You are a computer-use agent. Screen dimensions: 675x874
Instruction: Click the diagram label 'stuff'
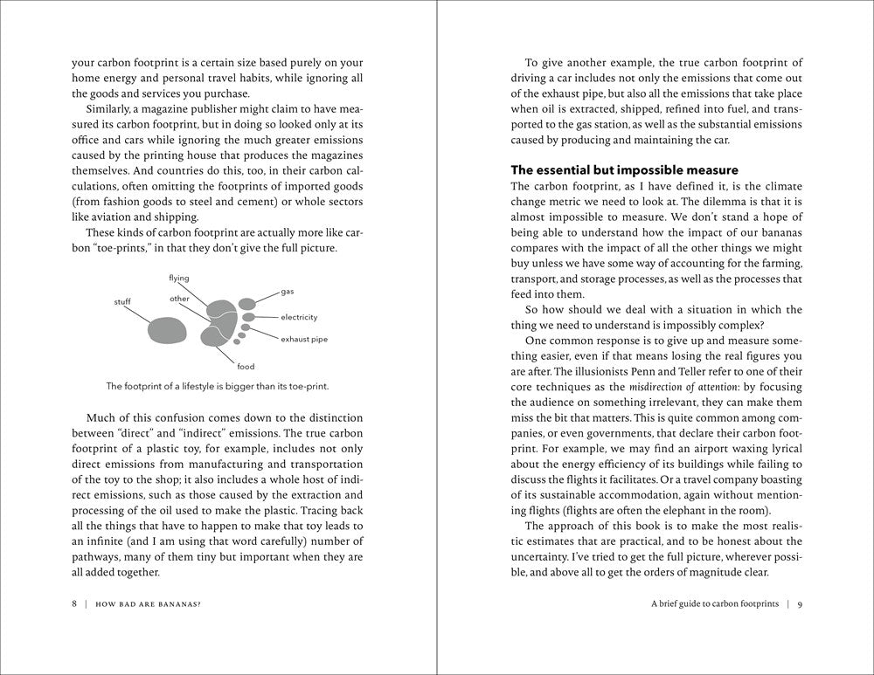(122, 302)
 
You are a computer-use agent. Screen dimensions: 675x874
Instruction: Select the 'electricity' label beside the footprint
(299, 317)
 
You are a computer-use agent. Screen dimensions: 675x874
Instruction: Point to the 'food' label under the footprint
(246, 367)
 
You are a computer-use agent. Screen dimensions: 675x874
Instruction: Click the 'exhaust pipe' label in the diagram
(304, 339)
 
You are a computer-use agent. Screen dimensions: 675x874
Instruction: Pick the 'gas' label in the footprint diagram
(288, 291)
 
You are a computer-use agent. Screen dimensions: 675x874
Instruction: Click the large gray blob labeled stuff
(168, 329)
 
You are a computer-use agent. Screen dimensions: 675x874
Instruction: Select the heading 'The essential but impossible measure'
(624, 169)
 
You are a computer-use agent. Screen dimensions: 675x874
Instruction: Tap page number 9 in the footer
(800, 603)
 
